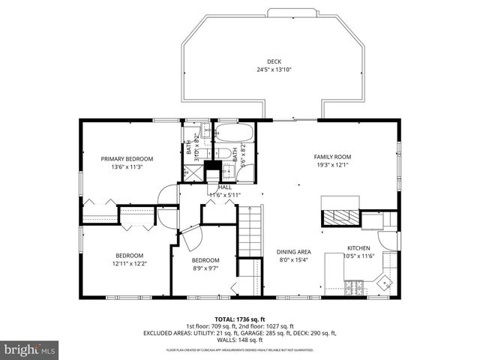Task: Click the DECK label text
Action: pyautogui.click(x=274, y=61)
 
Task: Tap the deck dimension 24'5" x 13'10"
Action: pyautogui.click(x=274, y=70)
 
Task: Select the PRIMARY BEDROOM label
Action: pyautogui.click(x=127, y=158)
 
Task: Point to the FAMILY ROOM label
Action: pyautogui.click(x=332, y=157)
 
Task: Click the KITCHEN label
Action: pyautogui.click(x=358, y=247)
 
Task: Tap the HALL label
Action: pyautogui.click(x=224, y=187)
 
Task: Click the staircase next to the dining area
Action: pyautogui.click(x=249, y=232)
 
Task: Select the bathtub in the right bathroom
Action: pyautogui.click(x=234, y=136)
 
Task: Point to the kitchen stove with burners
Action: pyautogui.click(x=354, y=286)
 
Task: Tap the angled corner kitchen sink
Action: pyautogui.click(x=384, y=283)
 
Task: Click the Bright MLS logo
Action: pyautogui.click(x=30, y=349)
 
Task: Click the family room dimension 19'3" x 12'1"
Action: pyautogui.click(x=332, y=165)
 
